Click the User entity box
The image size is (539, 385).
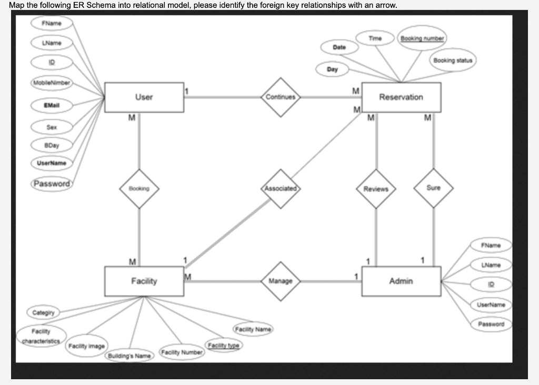click(144, 97)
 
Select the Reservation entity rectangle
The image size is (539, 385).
click(401, 97)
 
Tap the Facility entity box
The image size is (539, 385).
click(144, 281)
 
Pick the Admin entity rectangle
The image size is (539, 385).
click(401, 281)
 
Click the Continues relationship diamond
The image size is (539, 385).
click(281, 97)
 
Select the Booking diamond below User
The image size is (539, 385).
click(139, 188)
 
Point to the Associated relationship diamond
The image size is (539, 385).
click(281, 188)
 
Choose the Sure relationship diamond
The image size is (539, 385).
click(434, 188)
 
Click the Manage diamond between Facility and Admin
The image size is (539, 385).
click(281, 281)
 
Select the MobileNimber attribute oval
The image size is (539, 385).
click(51, 83)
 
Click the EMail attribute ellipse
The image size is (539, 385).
click(51, 105)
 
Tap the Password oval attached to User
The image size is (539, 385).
click(51, 184)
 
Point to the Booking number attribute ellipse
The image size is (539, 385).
click(423, 38)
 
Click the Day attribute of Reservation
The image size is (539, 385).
click(332, 69)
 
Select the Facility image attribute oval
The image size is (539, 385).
click(87, 346)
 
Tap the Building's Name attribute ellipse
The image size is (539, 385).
click(129, 356)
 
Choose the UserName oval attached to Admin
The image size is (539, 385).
click(491, 305)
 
